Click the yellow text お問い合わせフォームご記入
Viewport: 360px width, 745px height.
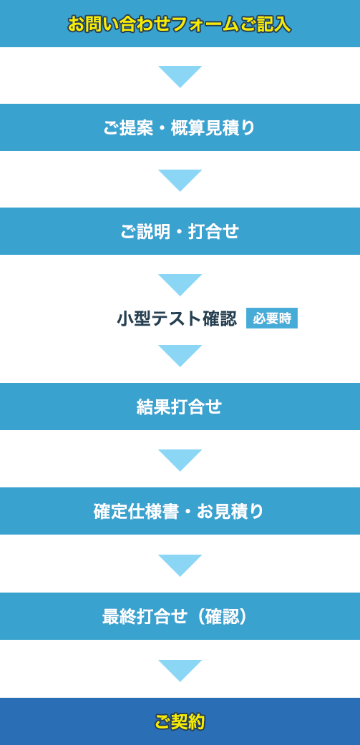(179, 24)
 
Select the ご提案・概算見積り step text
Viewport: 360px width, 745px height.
(180, 128)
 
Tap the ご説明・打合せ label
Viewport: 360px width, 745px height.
(180, 232)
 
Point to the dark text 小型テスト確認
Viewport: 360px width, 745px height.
(177, 318)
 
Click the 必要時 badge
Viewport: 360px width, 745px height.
(272, 318)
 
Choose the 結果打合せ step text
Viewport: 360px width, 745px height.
(179, 407)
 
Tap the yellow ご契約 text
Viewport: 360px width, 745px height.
(180, 721)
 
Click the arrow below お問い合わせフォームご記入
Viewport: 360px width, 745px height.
(180, 77)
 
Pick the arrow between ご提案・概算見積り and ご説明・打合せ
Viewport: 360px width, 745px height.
(180, 180)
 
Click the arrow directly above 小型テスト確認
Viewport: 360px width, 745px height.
(180, 285)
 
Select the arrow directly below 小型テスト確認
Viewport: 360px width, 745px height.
(180, 356)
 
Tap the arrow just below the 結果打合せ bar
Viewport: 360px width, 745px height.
(180, 460)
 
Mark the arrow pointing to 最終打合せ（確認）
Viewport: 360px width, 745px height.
(180, 565)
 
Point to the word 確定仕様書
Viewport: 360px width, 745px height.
(137, 512)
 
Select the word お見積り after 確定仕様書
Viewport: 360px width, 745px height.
(230, 512)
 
